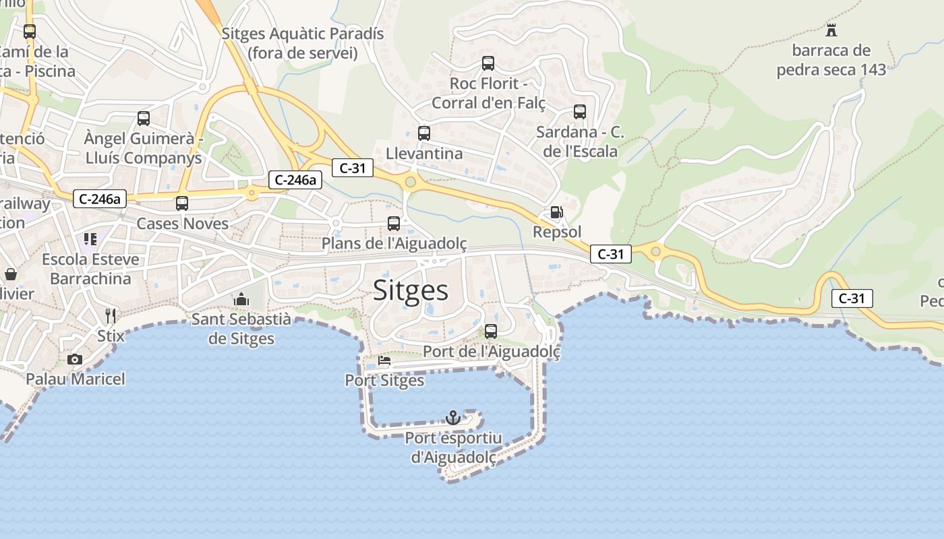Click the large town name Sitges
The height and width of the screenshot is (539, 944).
[410, 290]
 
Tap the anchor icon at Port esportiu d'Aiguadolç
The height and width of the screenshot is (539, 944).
[453, 418]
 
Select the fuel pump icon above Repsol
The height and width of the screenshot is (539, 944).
[556, 212]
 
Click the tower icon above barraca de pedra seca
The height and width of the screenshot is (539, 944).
[831, 30]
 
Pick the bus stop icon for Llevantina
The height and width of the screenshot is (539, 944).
[423, 133]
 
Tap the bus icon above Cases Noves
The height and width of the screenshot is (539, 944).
[182, 203]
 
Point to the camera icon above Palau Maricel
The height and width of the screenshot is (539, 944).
[75, 359]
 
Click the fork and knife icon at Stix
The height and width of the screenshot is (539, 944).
[111, 315]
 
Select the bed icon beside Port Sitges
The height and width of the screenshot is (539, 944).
[384, 361]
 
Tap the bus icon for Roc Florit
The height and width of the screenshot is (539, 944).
[488, 63]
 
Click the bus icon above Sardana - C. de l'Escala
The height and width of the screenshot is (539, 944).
[580, 112]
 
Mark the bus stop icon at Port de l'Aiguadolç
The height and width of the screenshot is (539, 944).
[491, 331]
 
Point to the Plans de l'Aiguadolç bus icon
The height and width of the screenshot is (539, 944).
[394, 223]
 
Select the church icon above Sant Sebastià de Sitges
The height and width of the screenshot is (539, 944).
[241, 299]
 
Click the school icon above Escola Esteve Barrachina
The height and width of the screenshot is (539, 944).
[90, 239]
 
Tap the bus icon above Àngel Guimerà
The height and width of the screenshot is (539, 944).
[144, 119]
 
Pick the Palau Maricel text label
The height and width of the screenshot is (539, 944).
[76, 379]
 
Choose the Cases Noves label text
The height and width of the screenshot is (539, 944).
[182, 223]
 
